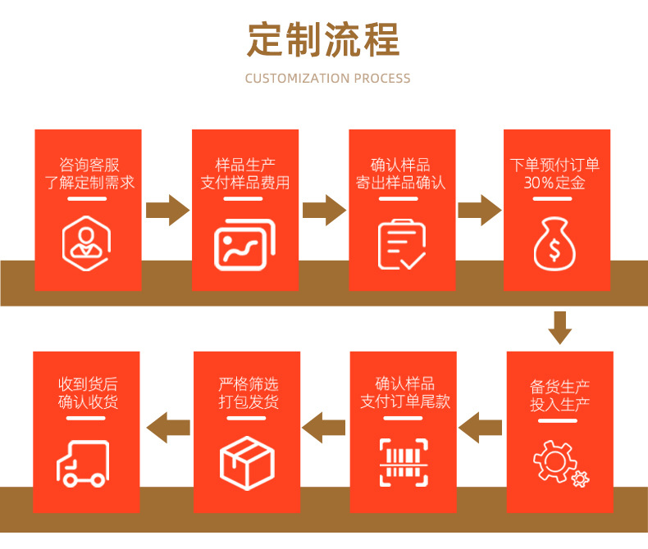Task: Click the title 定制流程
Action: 323,39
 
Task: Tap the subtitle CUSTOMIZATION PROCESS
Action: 327,79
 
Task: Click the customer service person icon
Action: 86,242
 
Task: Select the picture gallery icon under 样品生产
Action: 244,244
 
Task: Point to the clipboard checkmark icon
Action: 401,244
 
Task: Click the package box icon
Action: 245,461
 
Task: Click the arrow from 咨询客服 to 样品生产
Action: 167,210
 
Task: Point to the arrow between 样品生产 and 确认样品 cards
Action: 323,210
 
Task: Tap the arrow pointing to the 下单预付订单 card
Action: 479,210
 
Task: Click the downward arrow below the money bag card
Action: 560,327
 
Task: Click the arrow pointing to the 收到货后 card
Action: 167,426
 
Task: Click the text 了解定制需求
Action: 89,183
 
